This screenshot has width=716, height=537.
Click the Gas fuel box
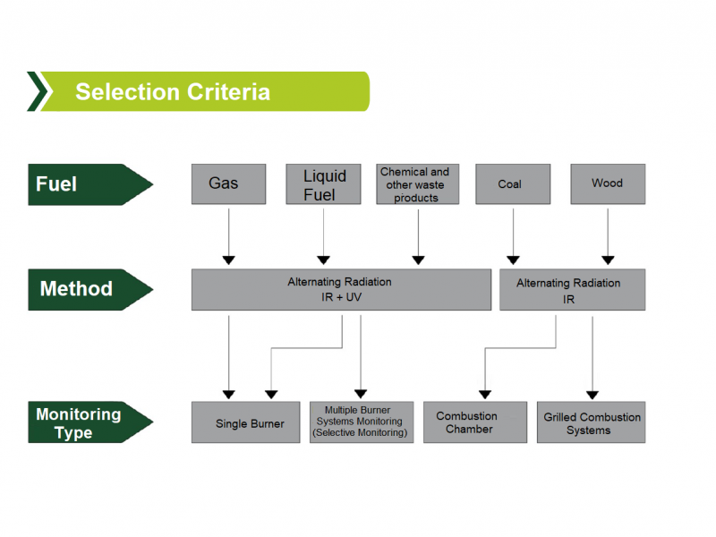pos(228,184)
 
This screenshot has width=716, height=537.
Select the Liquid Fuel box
pos(323,184)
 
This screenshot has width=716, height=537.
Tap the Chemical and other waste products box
pos(417,184)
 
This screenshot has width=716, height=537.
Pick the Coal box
pos(513,184)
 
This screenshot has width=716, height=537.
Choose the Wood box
pos(608,184)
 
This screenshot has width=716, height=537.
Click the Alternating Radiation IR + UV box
pos(341,289)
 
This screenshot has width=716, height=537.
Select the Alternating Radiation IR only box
pos(572,289)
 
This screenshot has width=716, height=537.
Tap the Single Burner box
pos(245,422)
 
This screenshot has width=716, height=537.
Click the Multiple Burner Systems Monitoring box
pos(362,422)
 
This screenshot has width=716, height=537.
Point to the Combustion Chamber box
pos(475,422)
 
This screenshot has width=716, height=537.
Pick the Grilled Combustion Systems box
pos(591,422)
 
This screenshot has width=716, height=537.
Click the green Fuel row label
pos(90,184)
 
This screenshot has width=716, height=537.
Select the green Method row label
pos(90,289)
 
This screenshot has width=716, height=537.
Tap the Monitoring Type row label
pos(90,422)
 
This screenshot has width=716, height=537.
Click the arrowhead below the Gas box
pos(229,260)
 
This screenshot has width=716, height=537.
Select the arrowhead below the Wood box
pos(608,260)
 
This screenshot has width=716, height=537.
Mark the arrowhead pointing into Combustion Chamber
pos(485,395)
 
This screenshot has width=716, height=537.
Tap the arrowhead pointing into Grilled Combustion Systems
pos(592,395)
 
